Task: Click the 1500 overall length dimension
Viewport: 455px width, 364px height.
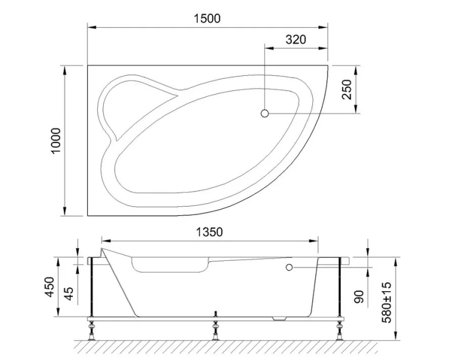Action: (x=207, y=18)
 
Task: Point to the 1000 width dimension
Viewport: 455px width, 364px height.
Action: (x=56, y=140)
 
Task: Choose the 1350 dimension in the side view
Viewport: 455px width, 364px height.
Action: (x=209, y=232)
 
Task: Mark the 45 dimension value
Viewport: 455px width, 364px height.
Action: (x=69, y=294)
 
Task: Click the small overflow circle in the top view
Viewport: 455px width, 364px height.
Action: (x=265, y=113)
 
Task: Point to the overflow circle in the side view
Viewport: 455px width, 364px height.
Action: (x=289, y=267)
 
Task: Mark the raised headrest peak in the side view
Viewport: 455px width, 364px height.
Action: (x=104, y=248)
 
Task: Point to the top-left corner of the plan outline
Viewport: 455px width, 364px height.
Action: (x=88, y=64)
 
